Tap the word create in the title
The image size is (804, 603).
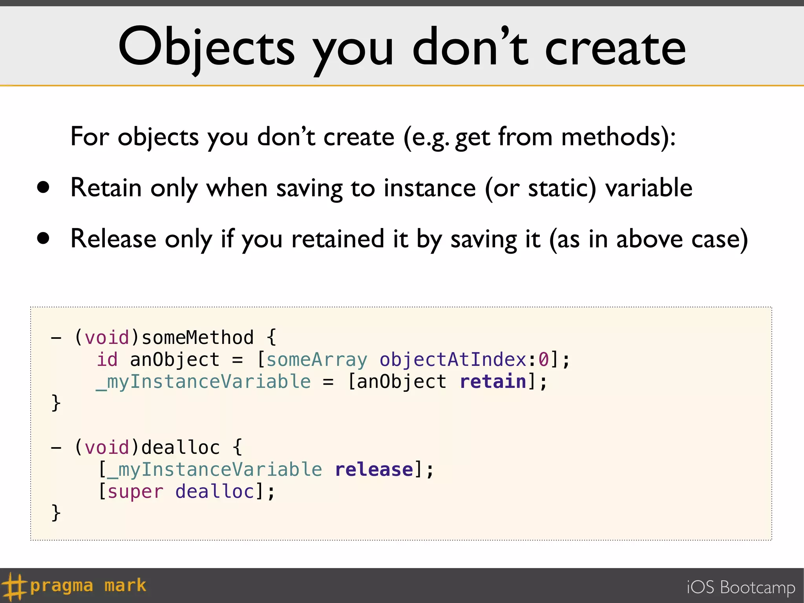[x=615, y=49]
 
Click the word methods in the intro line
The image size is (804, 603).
[x=614, y=137]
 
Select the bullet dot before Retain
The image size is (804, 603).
[x=44, y=187]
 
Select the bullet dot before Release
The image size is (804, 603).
[x=44, y=238]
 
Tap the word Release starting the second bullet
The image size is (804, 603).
[x=113, y=239]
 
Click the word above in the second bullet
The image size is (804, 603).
[x=649, y=239]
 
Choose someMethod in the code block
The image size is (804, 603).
[x=197, y=338]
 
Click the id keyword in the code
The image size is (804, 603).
[x=107, y=360]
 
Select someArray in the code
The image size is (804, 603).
[x=316, y=360]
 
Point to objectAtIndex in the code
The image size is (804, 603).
[x=453, y=360]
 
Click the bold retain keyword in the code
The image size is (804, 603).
[x=493, y=382]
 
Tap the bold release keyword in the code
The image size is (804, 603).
[x=374, y=470]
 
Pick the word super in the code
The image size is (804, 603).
[x=135, y=492]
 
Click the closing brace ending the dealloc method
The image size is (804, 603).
[x=56, y=513]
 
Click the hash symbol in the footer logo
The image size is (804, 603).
[x=14, y=587]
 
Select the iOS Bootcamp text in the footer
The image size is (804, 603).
[x=741, y=587]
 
